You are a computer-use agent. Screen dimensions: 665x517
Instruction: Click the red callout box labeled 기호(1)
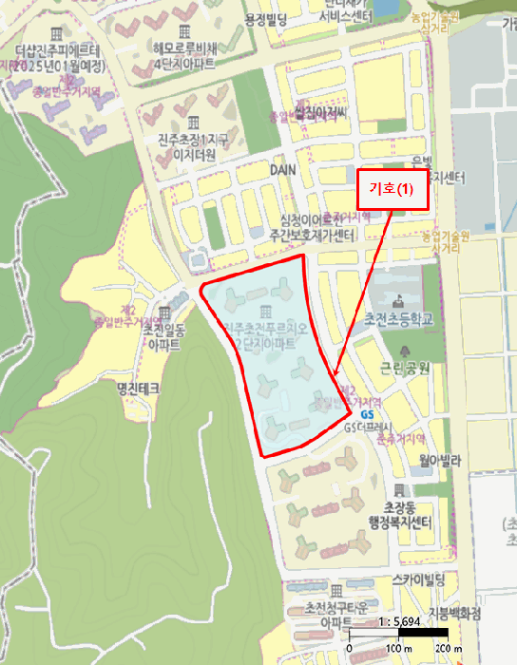[393, 190]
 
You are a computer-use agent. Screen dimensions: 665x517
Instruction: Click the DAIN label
[283, 169]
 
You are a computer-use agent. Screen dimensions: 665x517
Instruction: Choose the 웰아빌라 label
[438, 461]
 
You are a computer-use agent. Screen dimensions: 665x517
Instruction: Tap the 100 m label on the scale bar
[399, 649]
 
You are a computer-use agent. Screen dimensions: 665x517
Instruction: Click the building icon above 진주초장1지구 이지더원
[194, 123]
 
